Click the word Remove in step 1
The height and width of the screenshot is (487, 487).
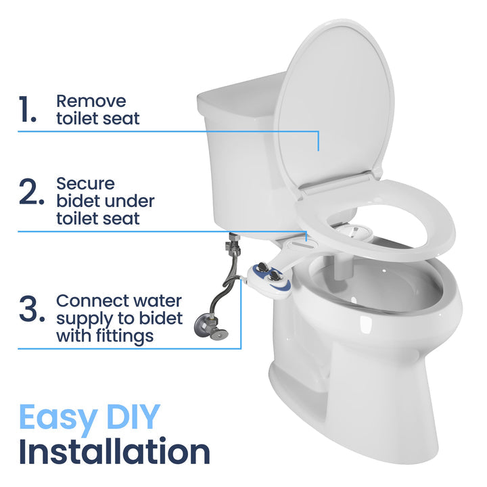(x=91, y=101)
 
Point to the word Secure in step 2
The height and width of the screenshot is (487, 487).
(x=85, y=183)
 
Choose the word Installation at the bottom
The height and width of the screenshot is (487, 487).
(x=114, y=452)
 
